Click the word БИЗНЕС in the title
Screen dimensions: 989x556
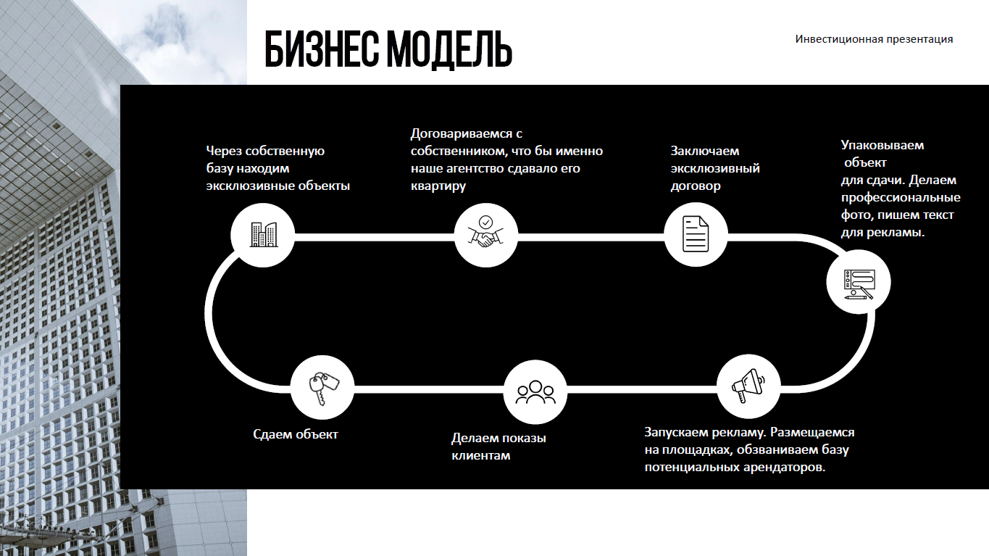coord(322,49)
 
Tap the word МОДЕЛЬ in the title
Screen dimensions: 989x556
coord(450,49)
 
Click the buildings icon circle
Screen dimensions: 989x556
coord(263,234)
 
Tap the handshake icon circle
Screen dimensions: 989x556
coord(485,234)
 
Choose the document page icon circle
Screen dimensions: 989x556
coord(696,234)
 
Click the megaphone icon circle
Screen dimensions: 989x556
coord(748,386)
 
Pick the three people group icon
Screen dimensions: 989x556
coord(535,391)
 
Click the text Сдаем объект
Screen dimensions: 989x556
coord(296,434)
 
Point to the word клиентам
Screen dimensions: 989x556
coord(481,455)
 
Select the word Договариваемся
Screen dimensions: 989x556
coord(462,133)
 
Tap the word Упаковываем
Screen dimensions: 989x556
coord(882,145)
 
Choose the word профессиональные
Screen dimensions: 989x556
coord(901,197)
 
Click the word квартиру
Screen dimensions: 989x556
coord(438,186)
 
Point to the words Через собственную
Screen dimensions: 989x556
coord(265,151)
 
